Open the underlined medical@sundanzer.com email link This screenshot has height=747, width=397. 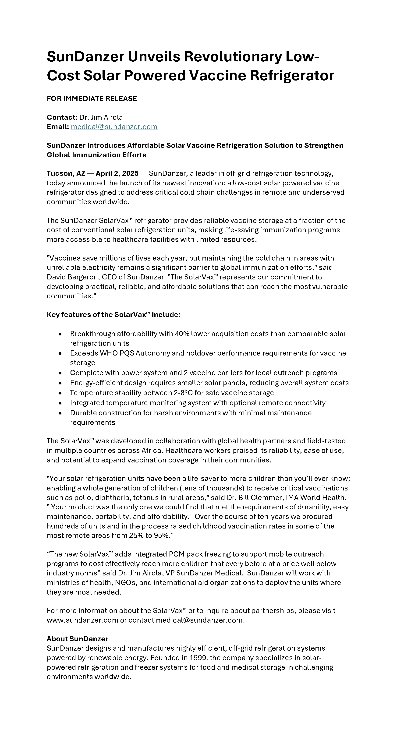tap(114, 127)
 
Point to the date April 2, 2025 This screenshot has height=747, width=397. tap(117, 173)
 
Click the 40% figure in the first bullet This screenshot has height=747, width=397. tap(182, 334)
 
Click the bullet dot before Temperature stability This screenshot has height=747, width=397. tap(60, 393)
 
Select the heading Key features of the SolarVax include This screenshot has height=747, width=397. tap(113, 315)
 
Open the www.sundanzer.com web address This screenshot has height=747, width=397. tap(82, 620)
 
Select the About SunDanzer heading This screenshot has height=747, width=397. tap(78, 639)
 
